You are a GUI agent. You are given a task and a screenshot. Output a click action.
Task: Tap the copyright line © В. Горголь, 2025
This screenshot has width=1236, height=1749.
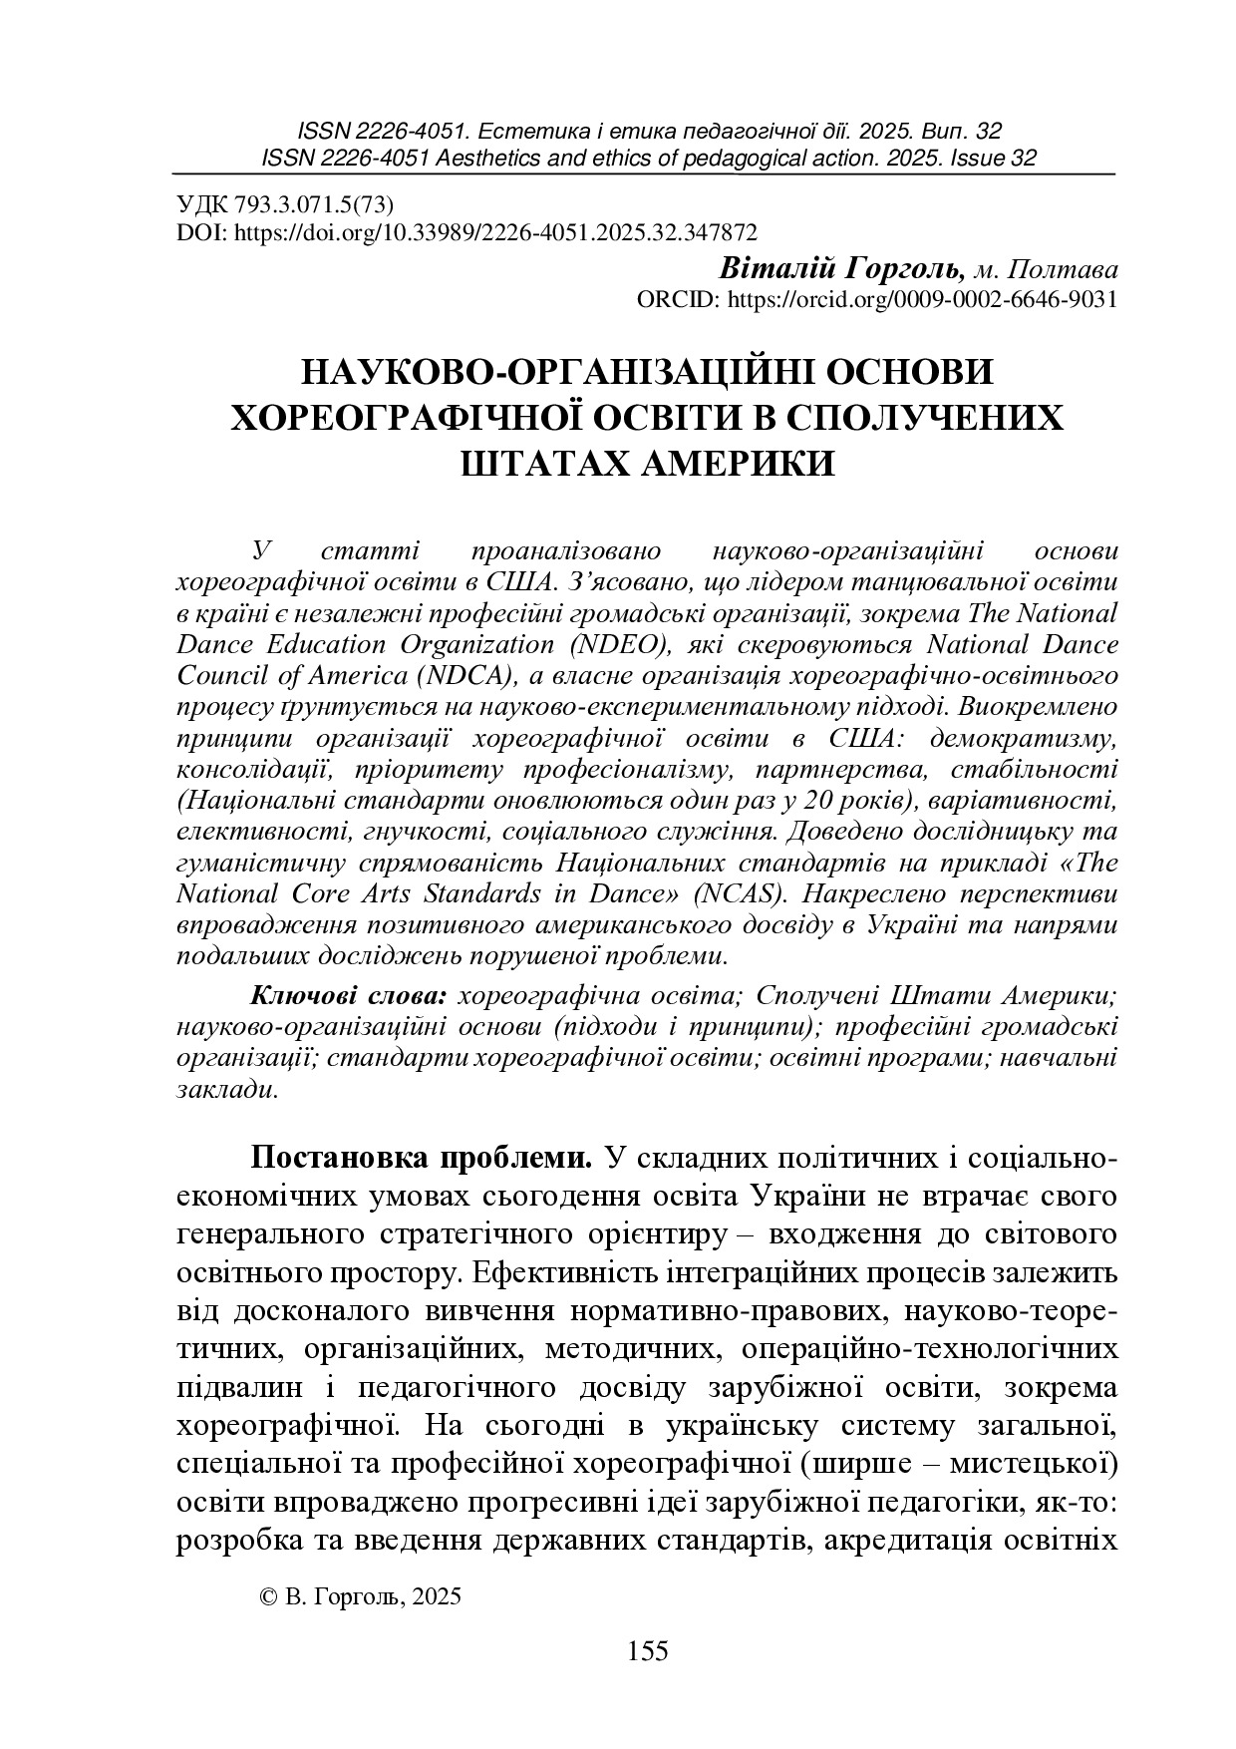pyautogui.click(x=360, y=1595)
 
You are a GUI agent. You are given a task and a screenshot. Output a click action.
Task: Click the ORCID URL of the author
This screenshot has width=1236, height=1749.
pyautogui.click(x=922, y=299)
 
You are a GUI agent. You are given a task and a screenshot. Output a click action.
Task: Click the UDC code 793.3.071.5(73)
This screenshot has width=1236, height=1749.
pyautogui.click(x=314, y=205)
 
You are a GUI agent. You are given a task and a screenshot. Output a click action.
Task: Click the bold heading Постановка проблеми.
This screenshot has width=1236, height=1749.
pyautogui.click(x=423, y=1158)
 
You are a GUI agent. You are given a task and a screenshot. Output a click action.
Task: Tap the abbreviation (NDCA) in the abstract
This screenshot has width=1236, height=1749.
pyautogui.click(x=462, y=675)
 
